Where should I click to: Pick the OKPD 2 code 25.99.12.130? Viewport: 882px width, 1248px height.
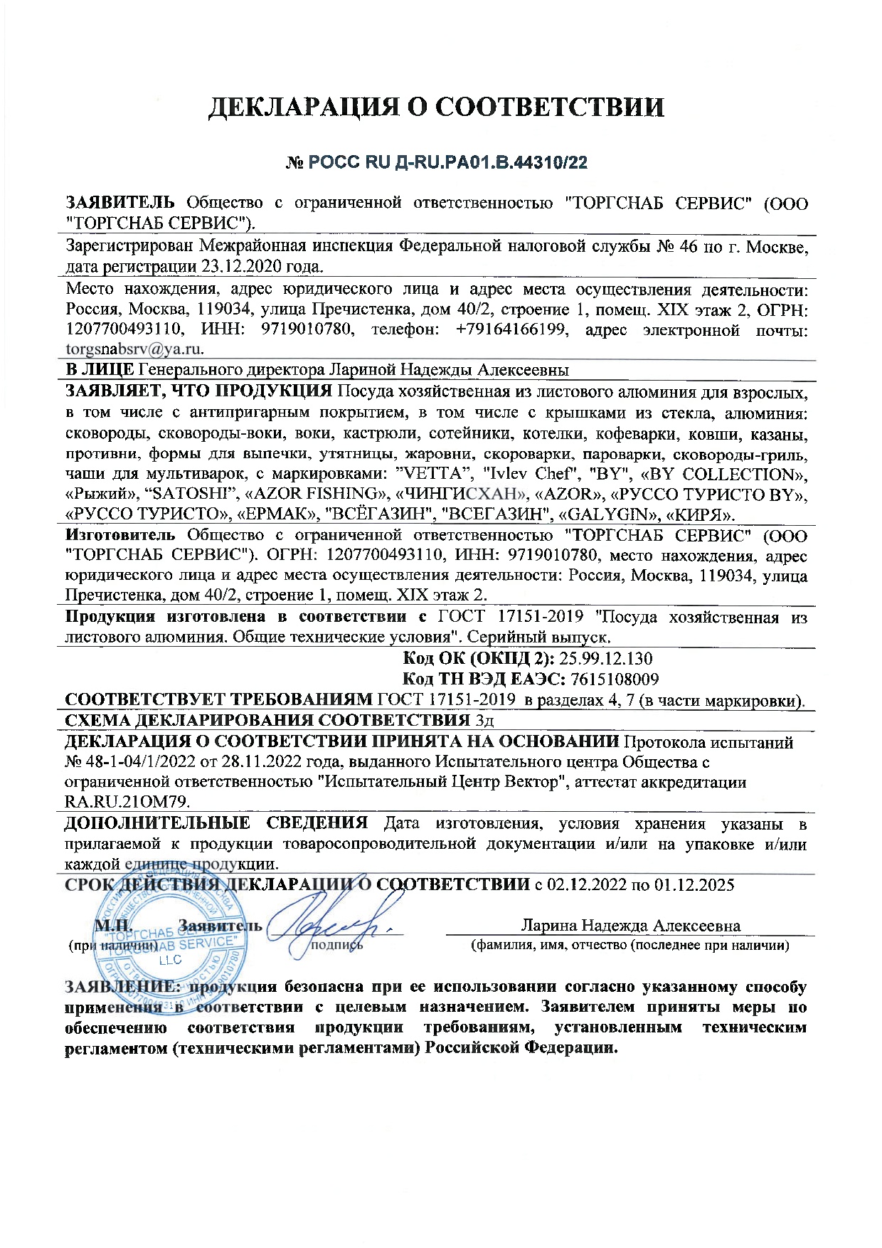(x=606, y=658)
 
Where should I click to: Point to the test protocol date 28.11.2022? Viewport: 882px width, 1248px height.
(x=235, y=762)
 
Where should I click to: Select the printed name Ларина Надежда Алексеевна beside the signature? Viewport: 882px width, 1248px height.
(x=630, y=926)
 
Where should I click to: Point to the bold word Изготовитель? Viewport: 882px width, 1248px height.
(x=119, y=535)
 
